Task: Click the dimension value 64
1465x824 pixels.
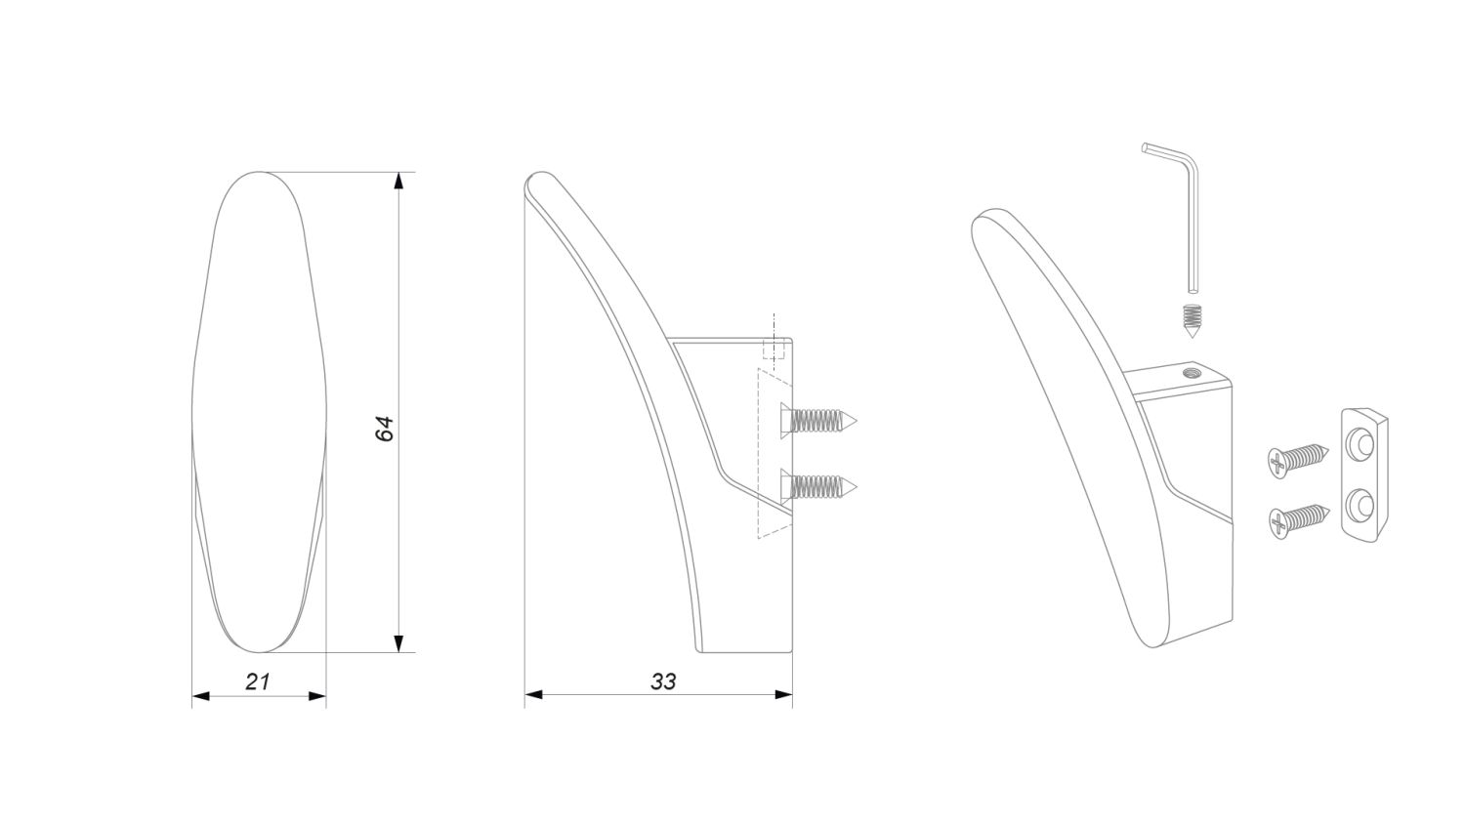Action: point(385,429)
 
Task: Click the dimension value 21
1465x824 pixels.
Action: point(258,681)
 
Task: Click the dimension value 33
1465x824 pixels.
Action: point(663,681)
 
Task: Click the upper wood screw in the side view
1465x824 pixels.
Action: point(818,421)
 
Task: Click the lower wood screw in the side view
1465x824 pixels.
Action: point(818,486)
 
